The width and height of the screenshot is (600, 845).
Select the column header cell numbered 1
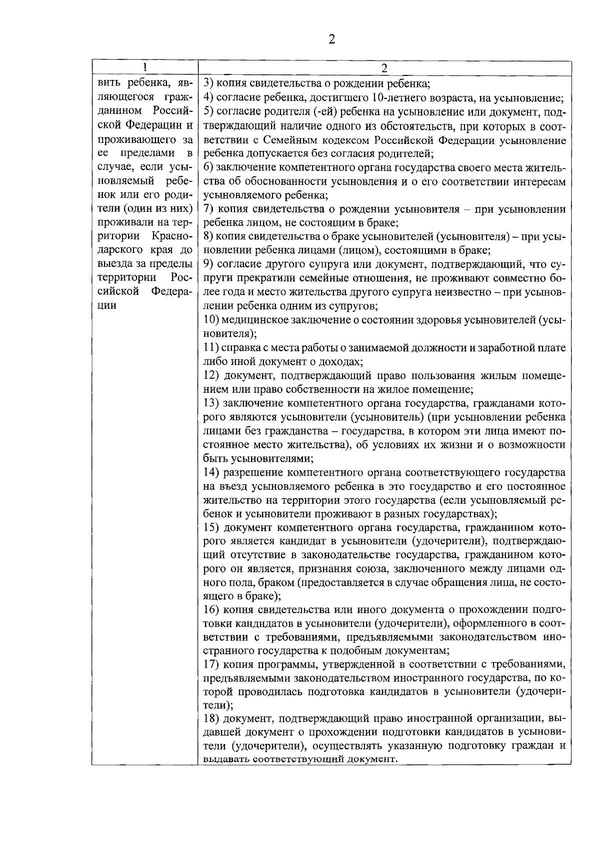point(144,67)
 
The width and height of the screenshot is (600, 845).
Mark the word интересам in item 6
point(539,182)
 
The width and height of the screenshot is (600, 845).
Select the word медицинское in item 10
point(260,320)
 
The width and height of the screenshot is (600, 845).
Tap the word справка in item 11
point(240,347)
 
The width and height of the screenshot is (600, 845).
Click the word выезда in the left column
point(114,264)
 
